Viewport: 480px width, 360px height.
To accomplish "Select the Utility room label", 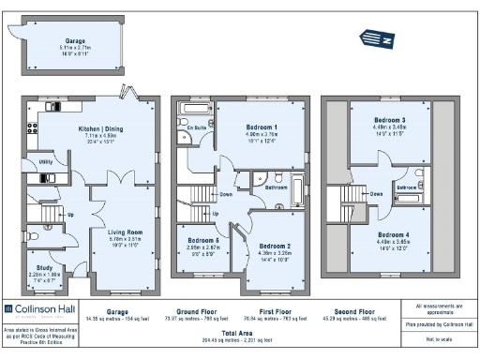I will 45,162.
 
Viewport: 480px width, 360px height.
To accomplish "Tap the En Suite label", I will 195,127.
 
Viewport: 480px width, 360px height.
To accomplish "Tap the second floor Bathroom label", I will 406,187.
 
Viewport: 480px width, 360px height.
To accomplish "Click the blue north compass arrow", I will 378,37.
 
